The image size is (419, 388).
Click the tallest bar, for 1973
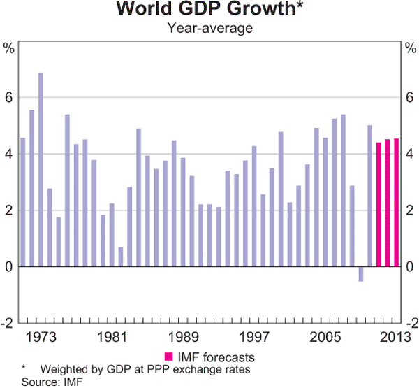click(x=41, y=169)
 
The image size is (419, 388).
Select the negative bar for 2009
click(x=361, y=273)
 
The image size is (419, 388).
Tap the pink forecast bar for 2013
click(x=397, y=202)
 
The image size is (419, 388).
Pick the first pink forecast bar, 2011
click(x=378, y=204)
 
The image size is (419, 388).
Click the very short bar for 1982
click(x=121, y=257)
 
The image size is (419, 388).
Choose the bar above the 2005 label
click(x=325, y=202)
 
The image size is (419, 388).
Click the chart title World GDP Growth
click(x=209, y=10)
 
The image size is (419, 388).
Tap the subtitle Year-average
click(x=209, y=28)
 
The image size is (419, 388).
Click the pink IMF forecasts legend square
click(x=168, y=356)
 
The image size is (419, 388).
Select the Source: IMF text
click(x=43, y=381)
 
